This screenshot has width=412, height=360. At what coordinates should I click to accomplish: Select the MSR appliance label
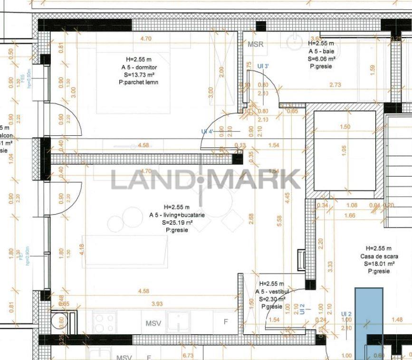(x=256, y=44)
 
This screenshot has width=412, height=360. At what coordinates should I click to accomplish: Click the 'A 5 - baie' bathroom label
(x=322, y=51)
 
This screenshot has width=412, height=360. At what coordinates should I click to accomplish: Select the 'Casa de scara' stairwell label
(x=379, y=256)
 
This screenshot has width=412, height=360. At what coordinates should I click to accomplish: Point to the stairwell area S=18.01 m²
(x=379, y=264)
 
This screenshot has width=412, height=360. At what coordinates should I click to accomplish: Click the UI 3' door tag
(x=263, y=66)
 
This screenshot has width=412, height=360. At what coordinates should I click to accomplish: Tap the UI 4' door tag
(x=207, y=131)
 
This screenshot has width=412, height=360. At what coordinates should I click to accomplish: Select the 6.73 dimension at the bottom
(x=188, y=355)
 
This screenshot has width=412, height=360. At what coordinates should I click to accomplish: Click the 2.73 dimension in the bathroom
(x=335, y=85)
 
